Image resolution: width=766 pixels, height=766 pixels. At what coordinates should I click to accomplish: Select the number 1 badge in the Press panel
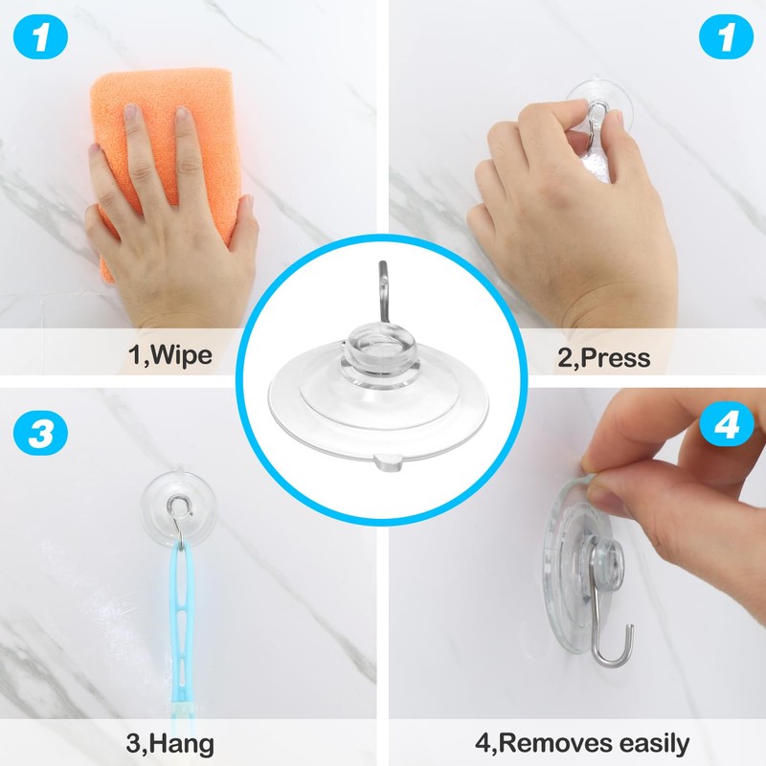723,41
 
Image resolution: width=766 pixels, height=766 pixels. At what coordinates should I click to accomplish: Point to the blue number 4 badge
725,425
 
